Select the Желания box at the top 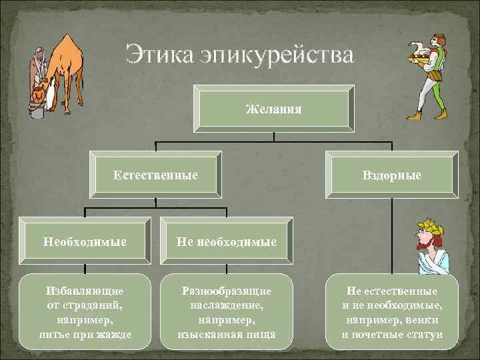click(273, 108)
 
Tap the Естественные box click(155, 175)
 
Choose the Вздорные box click(391, 175)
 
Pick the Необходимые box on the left click(85, 241)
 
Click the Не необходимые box click(227, 241)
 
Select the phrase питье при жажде click(85, 333)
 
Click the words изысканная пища click(227, 333)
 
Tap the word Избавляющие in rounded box click(85, 291)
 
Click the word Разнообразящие click(227, 291)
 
